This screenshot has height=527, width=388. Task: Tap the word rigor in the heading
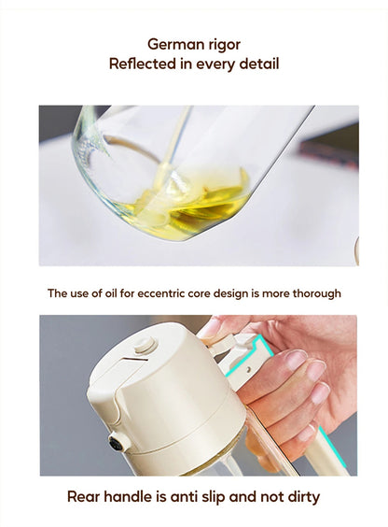(x=224, y=45)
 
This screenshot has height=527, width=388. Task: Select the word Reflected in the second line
(x=143, y=64)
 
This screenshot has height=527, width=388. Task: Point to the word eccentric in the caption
(x=161, y=293)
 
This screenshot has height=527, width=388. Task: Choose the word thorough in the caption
(x=317, y=293)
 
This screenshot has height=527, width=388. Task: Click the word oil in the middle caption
(x=111, y=293)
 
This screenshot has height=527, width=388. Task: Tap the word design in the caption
(x=231, y=293)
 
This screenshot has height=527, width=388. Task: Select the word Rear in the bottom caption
(x=83, y=497)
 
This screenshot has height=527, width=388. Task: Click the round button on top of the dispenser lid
(x=145, y=345)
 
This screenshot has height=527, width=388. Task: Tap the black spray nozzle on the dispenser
(x=116, y=444)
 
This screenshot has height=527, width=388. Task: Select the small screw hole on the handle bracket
(x=248, y=369)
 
